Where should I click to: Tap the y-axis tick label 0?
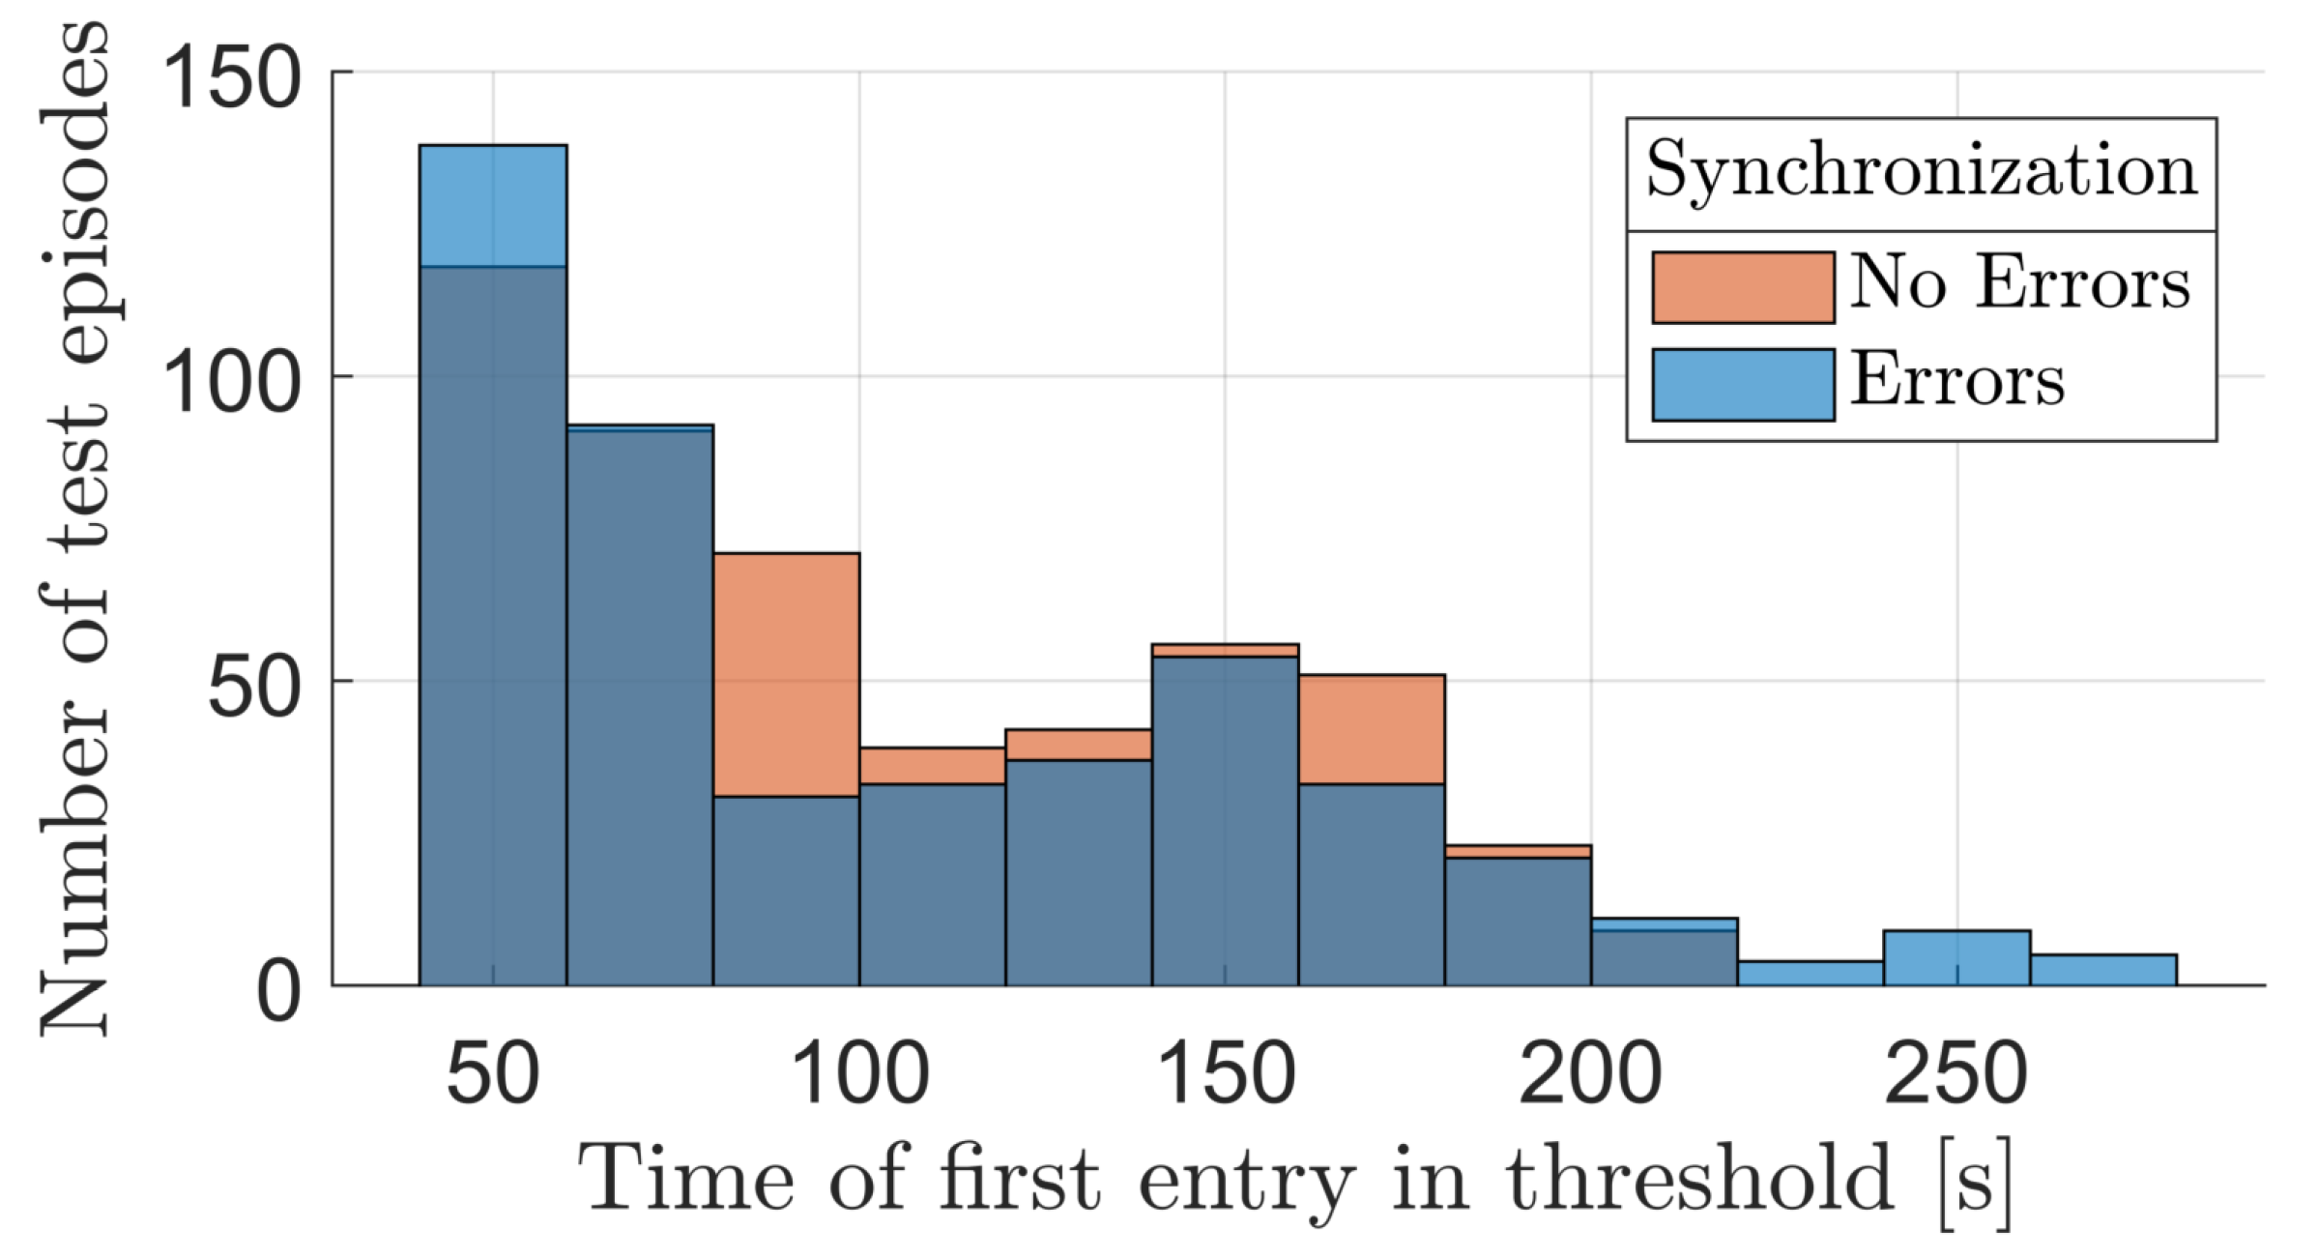coord(278,991)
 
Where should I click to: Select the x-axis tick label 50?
coord(493,1073)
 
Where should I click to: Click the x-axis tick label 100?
coord(859,1073)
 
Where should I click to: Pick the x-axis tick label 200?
coord(1590,1073)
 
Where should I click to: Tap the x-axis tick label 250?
coord(1956,1073)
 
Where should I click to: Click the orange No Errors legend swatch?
coord(1743,287)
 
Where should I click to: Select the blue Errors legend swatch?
coord(1743,385)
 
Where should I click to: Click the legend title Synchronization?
coord(1922,171)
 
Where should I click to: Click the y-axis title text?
coord(75,527)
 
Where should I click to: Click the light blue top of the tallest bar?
coord(493,205)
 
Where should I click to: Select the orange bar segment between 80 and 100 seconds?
coord(786,674)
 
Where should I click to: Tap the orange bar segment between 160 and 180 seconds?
coord(1371,729)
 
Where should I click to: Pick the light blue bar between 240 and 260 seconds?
coord(1956,957)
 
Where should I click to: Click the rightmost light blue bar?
coord(2102,970)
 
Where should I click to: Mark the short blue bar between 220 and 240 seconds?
coord(1810,973)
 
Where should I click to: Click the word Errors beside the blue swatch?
coord(1957,380)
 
